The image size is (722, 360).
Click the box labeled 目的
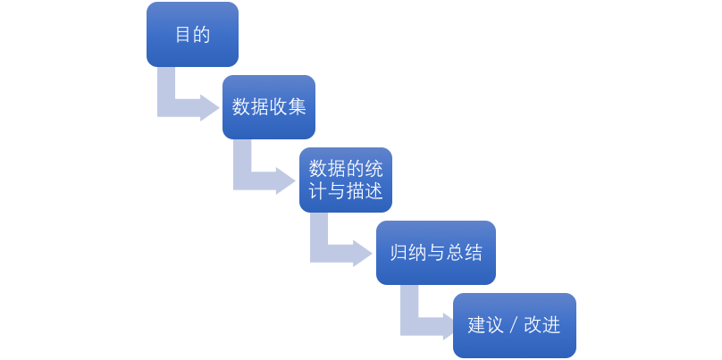192,34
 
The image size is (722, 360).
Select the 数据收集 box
269,107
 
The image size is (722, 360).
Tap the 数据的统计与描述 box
345,180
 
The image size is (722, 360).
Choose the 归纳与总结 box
435,253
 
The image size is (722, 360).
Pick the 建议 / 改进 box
514,325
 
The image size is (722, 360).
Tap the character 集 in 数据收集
298,107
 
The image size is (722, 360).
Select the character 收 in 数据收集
279,107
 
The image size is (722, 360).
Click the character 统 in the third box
374,169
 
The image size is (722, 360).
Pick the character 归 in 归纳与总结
399,253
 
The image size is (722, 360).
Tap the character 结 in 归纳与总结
473,253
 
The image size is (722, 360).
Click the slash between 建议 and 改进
514,325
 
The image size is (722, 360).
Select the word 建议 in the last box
485,325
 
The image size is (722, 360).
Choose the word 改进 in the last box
541,325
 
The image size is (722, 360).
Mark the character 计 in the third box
316,191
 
